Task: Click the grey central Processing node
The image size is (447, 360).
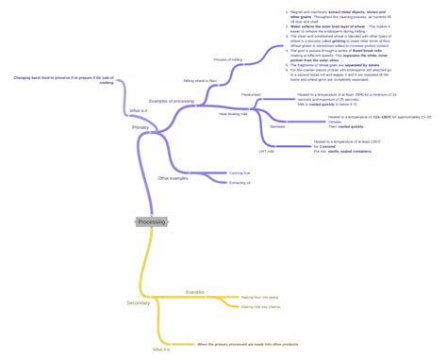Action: (151, 221)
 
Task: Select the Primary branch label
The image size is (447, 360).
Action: (141, 127)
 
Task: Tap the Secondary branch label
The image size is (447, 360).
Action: (139, 303)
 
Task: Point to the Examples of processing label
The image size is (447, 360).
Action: (172, 101)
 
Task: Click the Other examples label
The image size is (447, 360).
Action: (173, 178)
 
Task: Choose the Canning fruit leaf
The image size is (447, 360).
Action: (240, 173)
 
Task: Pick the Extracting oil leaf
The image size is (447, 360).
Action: (240, 183)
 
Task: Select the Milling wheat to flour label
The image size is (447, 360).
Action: (200, 82)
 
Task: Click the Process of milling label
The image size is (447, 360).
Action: (228, 59)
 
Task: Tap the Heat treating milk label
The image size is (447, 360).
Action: (232, 113)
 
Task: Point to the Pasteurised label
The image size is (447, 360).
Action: (251, 94)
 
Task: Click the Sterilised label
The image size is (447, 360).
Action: (251, 126)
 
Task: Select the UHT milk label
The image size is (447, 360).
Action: (266, 150)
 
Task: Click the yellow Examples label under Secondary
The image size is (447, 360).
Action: (195, 292)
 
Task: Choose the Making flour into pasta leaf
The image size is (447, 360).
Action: (260, 297)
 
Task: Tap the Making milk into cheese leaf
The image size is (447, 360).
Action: (261, 306)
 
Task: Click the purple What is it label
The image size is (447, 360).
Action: (138, 110)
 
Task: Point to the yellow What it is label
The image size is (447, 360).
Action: (161, 349)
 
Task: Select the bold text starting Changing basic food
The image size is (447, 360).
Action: (64, 80)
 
